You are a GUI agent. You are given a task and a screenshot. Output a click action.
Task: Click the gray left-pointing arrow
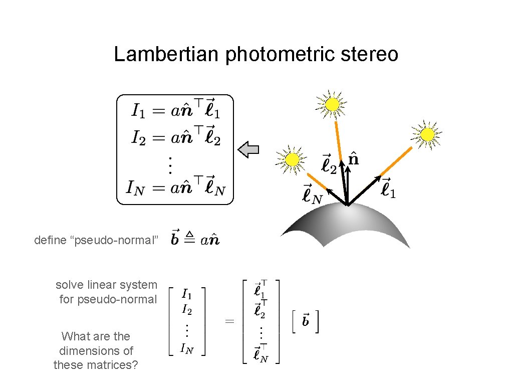(248, 149)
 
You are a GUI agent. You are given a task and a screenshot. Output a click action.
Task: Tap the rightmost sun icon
(427, 134)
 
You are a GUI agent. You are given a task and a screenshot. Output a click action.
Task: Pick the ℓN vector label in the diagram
(312, 195)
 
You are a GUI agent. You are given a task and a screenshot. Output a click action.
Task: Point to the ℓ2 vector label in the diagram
(329, 164)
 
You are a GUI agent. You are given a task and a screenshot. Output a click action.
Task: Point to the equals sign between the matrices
(229, 321)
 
